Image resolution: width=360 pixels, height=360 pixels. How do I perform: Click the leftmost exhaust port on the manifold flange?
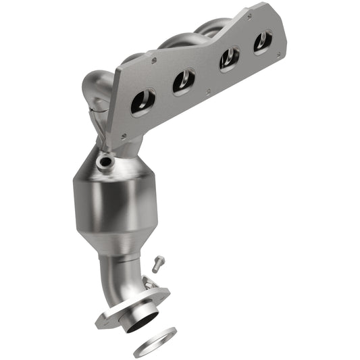click(x=143, y=103)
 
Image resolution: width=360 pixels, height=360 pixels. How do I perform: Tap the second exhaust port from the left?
click(x=183, y=82)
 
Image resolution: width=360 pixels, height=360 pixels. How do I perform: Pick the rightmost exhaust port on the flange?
click(x=263, y=42)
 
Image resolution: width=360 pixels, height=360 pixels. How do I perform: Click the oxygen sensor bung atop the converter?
click(x=105, y=162)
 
